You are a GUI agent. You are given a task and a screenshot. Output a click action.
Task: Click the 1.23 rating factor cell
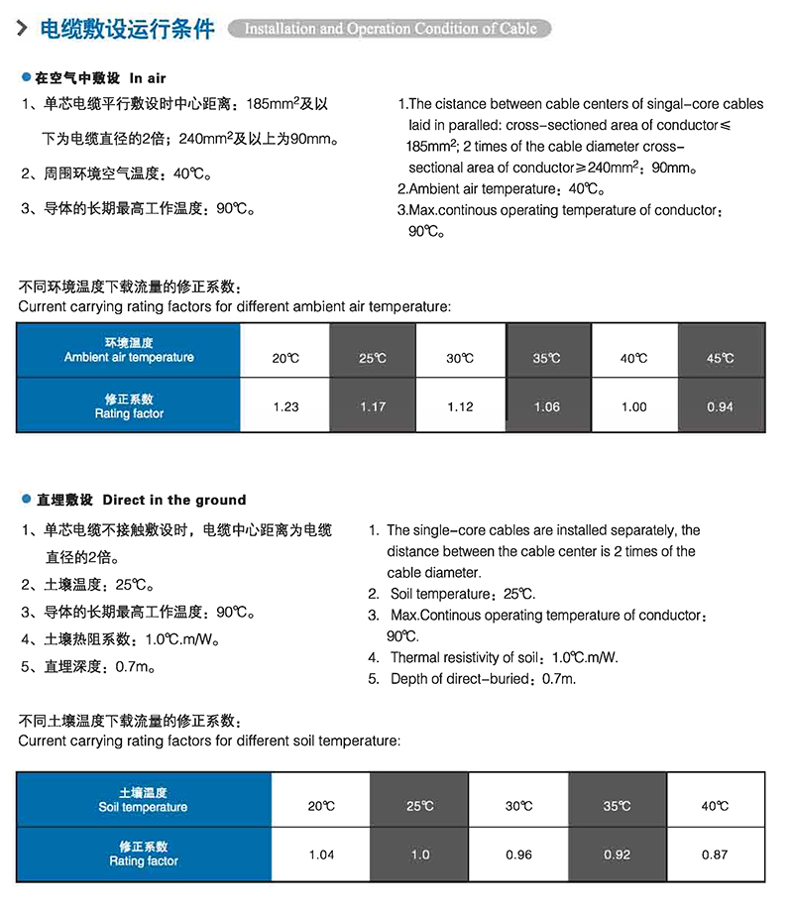(285, 406)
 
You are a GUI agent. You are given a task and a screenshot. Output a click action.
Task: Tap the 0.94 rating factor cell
(721, 406)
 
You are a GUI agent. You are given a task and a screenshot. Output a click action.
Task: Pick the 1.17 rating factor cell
(373, 406)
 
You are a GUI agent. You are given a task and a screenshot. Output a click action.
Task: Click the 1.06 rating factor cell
(546, 406)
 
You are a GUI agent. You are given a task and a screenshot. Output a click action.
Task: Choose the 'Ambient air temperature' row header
(129, 350)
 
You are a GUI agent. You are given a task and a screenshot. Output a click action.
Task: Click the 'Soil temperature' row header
(143, 800)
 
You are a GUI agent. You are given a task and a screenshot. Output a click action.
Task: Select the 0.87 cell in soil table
(714, 854)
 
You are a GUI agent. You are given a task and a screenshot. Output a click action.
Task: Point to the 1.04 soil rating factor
(321, 854)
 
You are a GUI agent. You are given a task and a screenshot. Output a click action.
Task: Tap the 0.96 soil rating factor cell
(518, 854)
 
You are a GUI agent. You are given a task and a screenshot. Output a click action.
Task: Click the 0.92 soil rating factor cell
(617, 854)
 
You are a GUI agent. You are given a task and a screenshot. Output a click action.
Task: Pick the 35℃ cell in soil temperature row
(617, 806)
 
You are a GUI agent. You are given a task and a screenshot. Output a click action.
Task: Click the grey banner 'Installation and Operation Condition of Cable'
(390, 29)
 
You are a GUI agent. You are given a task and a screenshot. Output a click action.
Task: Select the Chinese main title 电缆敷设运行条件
(126, 29)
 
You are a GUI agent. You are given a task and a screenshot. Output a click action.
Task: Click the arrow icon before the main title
(21, 28)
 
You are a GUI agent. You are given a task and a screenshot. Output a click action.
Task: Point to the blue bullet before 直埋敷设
(26, 500)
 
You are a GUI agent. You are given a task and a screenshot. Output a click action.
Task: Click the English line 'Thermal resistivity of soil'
(506, 657)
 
